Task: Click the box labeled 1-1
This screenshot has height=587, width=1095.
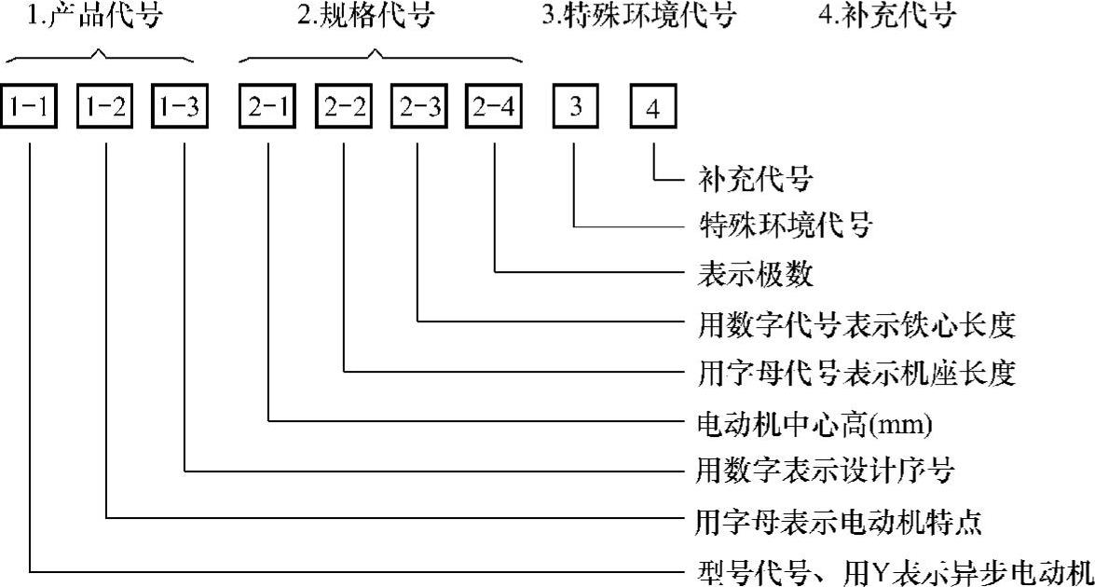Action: click(x=31, y=108)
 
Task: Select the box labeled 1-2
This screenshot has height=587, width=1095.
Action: click(x=108, y=108)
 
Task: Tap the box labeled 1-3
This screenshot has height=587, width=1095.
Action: click(x=183, y=108)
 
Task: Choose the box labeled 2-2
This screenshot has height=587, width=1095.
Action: click(x=344, y=108)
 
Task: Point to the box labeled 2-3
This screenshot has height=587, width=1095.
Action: click(x=418, y=108)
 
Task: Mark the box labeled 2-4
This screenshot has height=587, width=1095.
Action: click(x=495, y=108)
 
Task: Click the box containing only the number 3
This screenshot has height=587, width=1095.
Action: click(x=576, y=108)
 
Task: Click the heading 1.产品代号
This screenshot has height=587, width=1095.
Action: click(x=93, y=18)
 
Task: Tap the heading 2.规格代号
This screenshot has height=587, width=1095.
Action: click(x=372, y=18)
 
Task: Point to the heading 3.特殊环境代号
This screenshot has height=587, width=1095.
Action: click(x=638, y=18)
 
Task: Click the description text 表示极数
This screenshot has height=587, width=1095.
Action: click(x=756, y=274)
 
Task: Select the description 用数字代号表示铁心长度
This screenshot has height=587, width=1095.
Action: click(x=855, y=325)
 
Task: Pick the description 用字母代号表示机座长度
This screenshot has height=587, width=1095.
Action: click(x=855, y=375)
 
